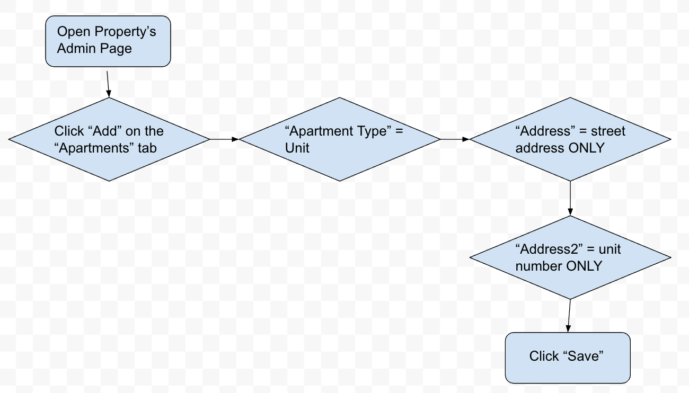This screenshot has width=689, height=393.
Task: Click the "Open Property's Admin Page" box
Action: click(x=108, y=41)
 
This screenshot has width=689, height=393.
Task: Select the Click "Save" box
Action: click(x=568, y=358)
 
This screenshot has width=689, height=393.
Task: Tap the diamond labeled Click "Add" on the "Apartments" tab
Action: click(x=109, y=139)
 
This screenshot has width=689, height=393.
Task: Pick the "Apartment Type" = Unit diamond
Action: click(x=340, y=139)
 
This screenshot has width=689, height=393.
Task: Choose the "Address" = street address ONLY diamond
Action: click(x=570, y=139)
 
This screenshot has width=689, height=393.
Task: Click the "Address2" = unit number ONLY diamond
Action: click(x=570, y=257)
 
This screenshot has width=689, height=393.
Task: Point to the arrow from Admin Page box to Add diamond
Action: click(x=108, y=82)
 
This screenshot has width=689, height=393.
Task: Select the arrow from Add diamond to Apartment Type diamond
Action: click(x=225, y=139)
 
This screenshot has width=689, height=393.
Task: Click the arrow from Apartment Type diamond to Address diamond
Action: click(x=455, y=139)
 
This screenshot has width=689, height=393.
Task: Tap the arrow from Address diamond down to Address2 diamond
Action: click(x=570, y=198)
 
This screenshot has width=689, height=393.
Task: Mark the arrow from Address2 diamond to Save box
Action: click(x=569, y=316)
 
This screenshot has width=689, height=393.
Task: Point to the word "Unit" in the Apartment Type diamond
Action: click(x=297, y=148)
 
